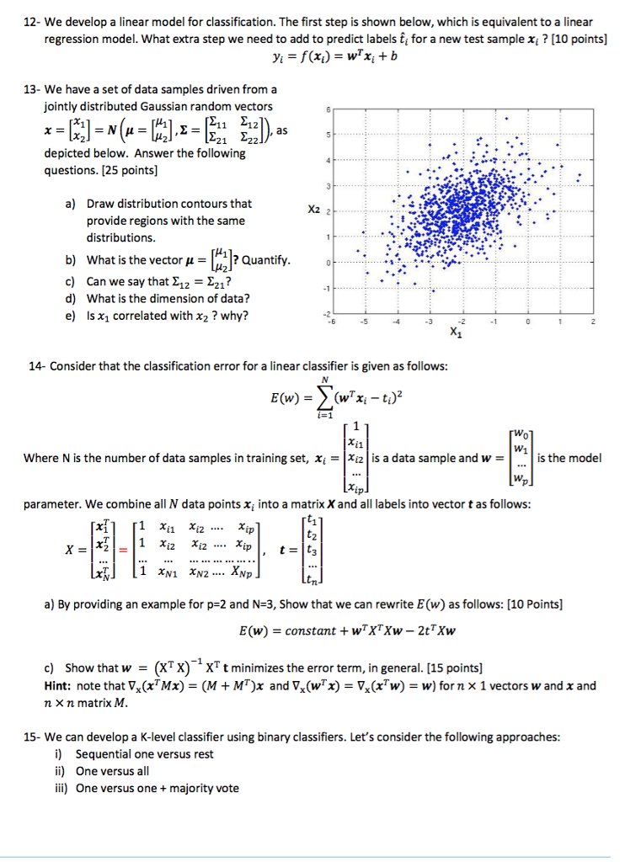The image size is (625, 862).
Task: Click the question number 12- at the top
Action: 30,21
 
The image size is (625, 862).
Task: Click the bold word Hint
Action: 59,685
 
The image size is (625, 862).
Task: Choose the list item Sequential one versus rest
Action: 144,754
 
